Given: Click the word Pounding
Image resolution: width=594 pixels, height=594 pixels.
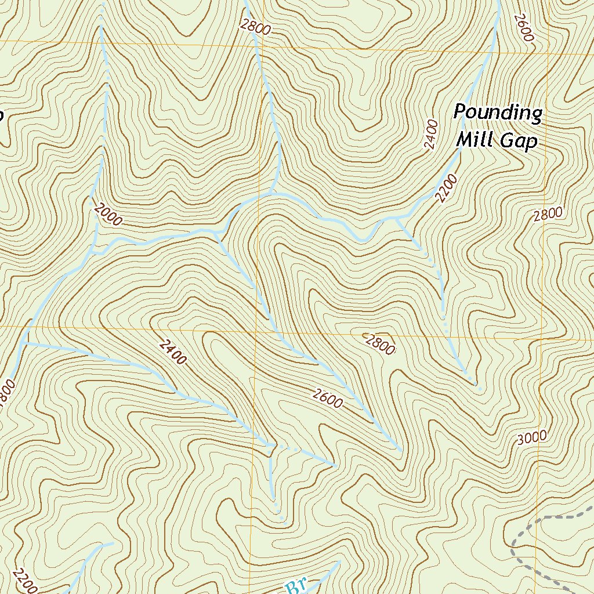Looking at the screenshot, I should (x=497, y=113).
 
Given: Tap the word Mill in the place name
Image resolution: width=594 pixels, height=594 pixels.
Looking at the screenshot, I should (x=475, y=140).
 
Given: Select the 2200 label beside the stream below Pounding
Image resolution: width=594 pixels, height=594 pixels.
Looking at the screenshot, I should (x=447, y=188).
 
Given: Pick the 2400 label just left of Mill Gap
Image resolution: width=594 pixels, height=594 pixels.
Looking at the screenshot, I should (x=430, y=135).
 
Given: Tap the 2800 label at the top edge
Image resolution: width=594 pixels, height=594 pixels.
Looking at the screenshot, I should (x=253, y=27).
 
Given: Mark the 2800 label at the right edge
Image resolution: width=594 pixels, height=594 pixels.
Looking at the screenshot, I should (x=548, y=214).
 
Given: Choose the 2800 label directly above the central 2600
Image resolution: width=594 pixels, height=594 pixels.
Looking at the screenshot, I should (x=380, y=344).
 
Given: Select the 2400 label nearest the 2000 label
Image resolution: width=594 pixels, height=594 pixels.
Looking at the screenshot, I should (x=172, y=352).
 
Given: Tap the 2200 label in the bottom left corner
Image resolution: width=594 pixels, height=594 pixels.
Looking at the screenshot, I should (x=25, y=581).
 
